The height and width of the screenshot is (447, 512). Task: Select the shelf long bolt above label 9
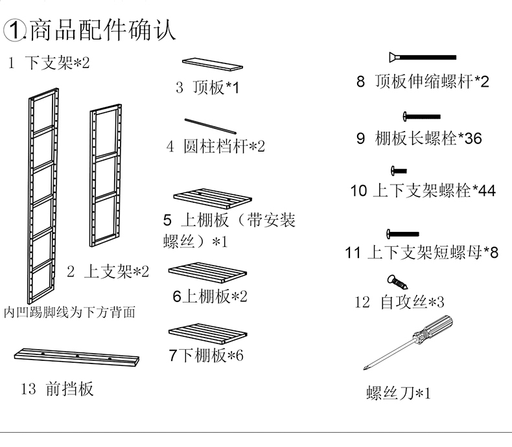pos(422,117)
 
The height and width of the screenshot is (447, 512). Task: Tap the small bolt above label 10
pos(398,171)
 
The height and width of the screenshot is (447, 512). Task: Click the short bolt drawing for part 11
pos(402,233)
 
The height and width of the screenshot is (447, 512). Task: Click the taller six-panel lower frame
pos(43,194)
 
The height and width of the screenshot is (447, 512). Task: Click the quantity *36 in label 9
pos(469,138)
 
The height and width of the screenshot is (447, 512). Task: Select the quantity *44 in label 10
pos(483,191)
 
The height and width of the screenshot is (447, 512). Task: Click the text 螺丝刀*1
pos(398,393)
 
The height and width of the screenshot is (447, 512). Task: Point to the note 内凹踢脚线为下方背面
pos(69,312)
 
